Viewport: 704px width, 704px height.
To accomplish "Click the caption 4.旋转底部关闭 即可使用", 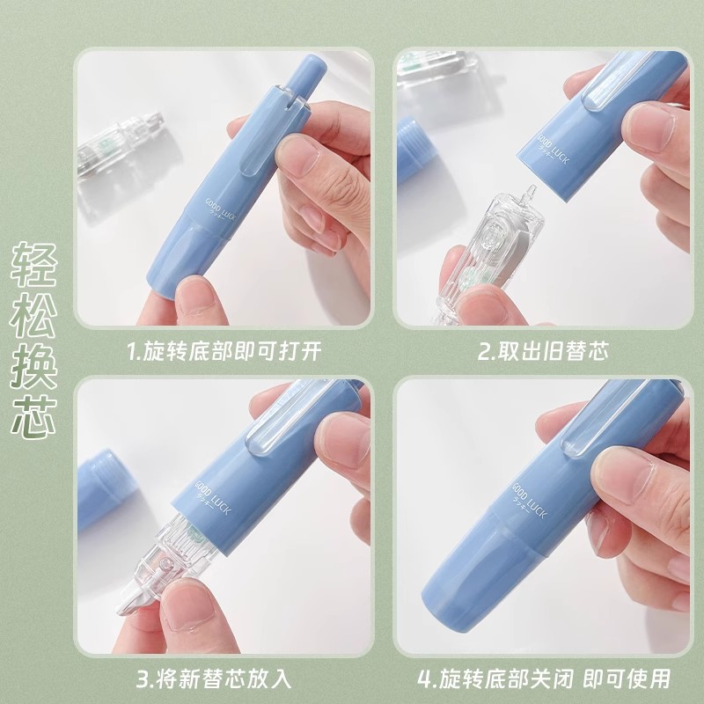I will coord(544,678).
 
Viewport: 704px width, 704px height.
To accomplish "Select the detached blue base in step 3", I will coord(98,488).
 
